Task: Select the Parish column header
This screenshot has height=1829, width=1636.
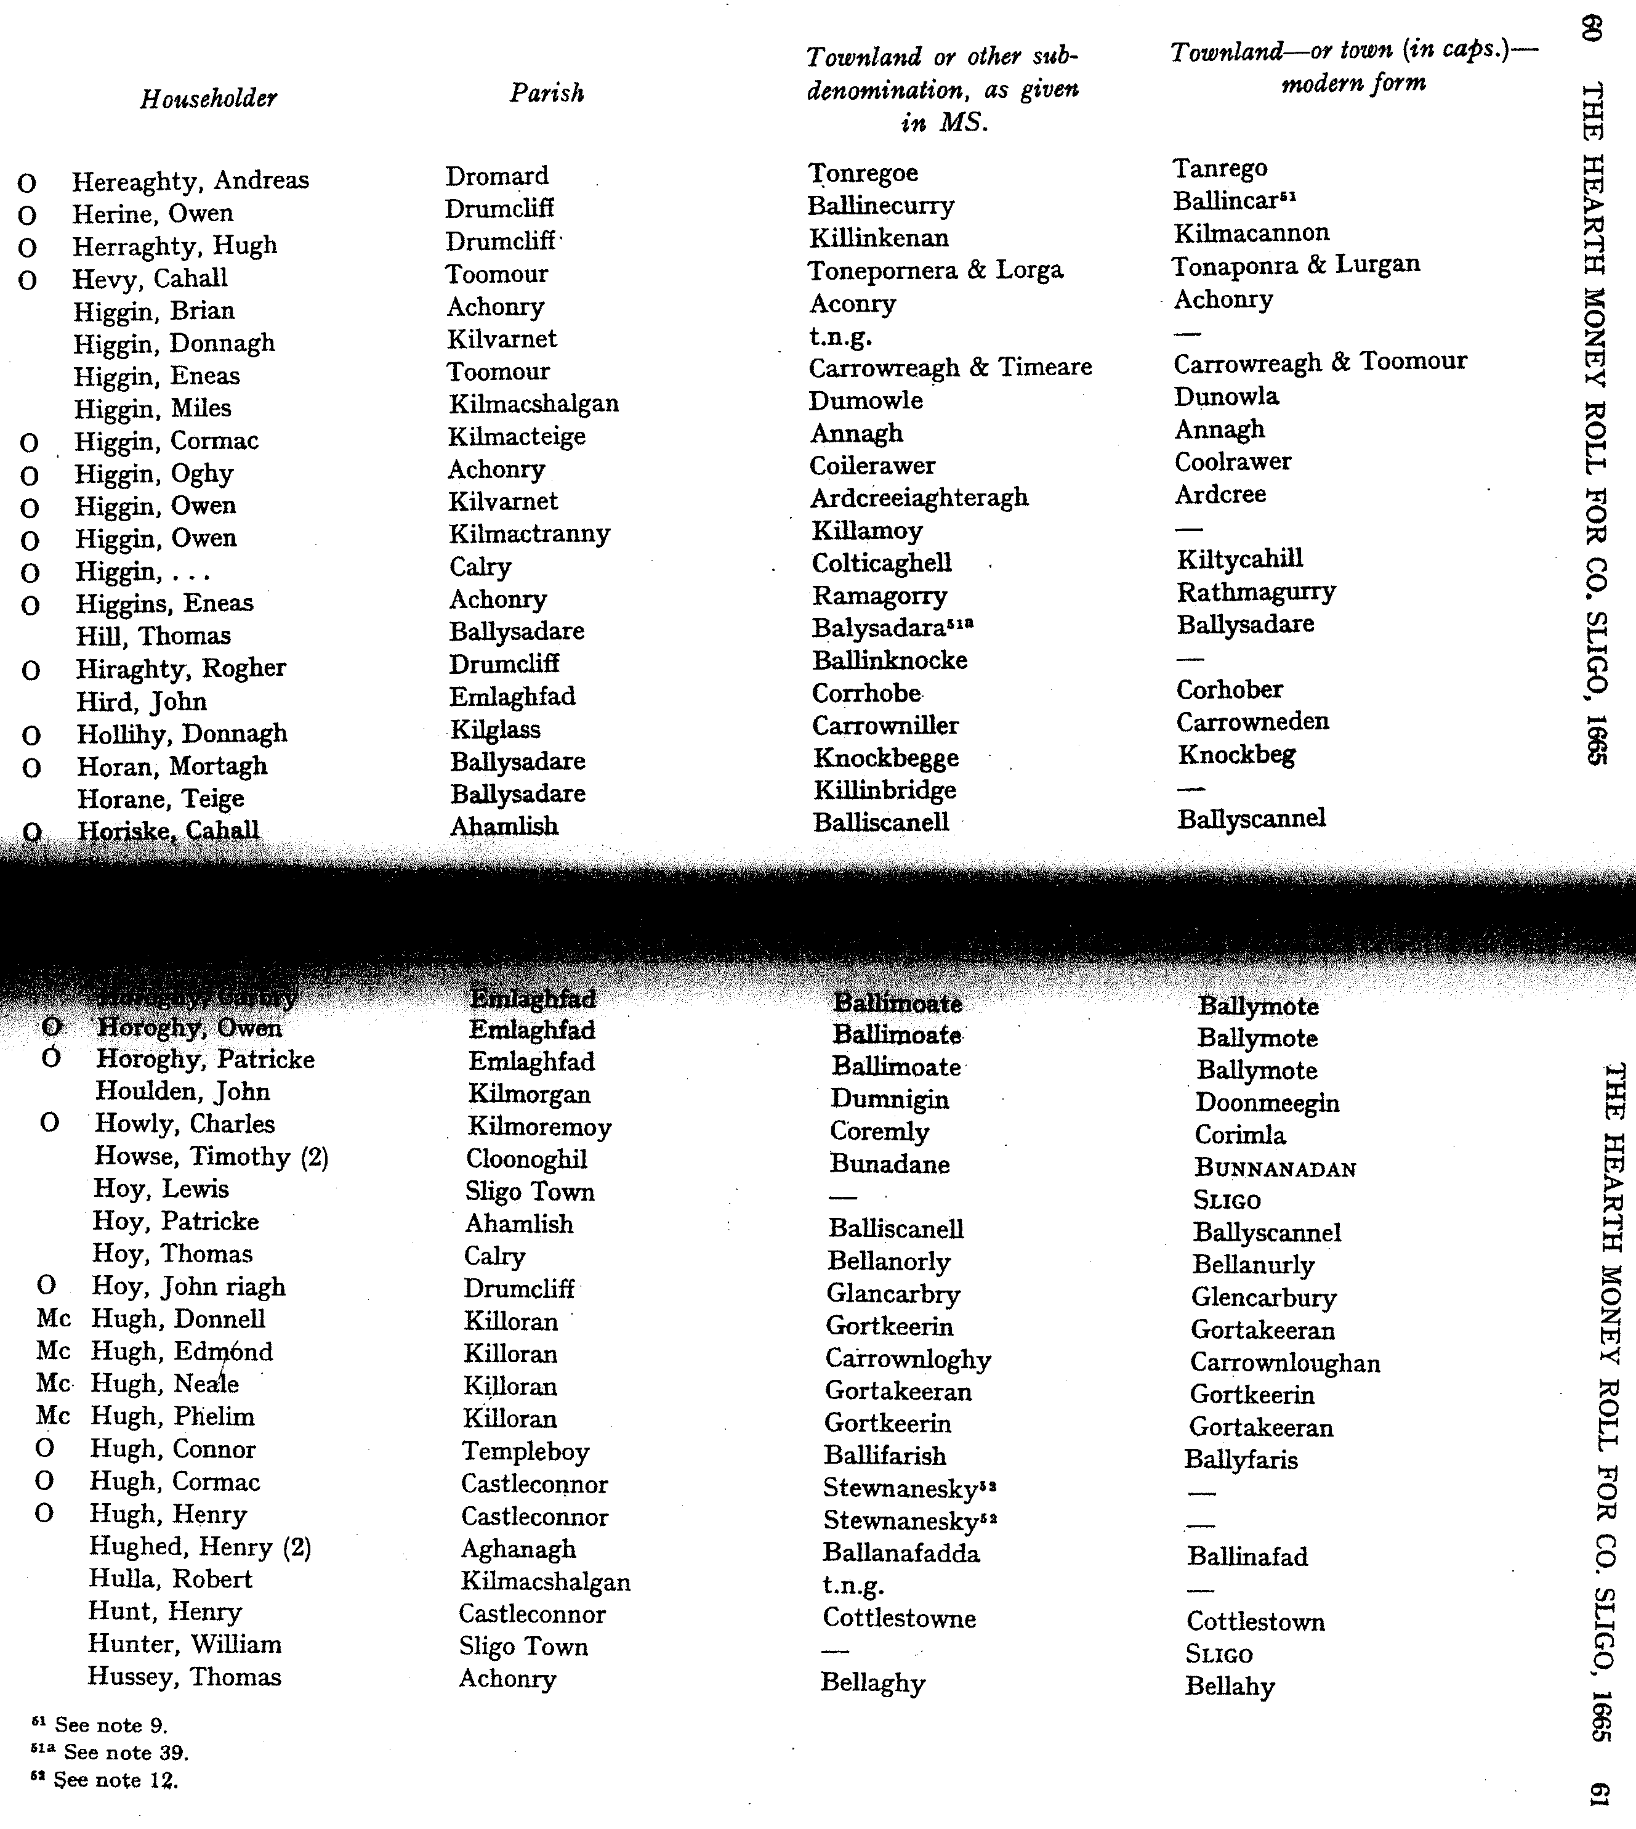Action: [547, 92]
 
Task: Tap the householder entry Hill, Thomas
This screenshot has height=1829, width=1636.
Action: [153, 636]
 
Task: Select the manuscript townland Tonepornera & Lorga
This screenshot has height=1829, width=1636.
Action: [935, 270]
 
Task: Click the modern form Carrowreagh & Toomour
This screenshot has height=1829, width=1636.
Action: [1320, 362]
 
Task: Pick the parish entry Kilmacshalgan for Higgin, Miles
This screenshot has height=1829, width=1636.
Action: [534, 403]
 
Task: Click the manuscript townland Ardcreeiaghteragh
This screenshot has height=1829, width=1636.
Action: [919, 497]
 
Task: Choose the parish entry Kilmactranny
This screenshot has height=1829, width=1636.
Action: [530, 533]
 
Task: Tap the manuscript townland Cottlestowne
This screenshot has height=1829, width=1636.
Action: [899, 1618]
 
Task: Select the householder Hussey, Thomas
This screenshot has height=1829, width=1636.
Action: [184, 1676]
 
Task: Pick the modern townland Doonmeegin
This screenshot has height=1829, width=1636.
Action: [1267, 1103]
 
